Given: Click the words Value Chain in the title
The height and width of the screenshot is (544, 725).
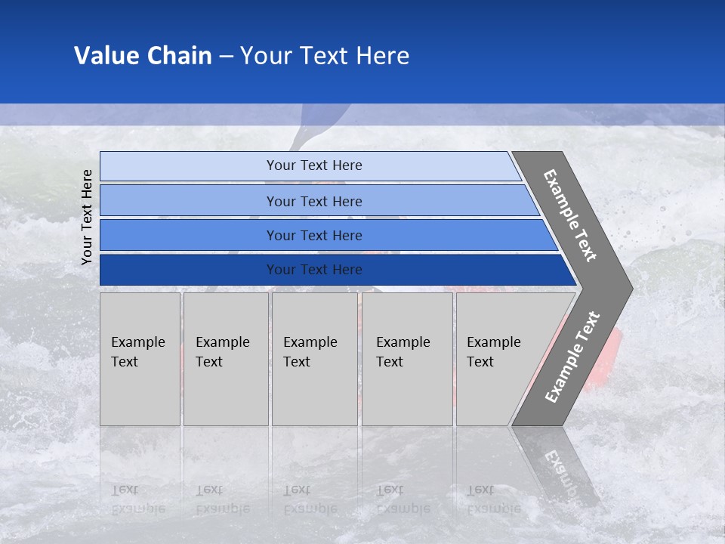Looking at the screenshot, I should click(x=143, y=56).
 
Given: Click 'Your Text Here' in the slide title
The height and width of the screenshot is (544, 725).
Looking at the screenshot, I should click(x=325, y=56).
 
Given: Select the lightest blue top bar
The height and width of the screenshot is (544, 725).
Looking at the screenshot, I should click(x=314, y=165).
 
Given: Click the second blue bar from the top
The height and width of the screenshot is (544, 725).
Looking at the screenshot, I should click(x=314, y=201).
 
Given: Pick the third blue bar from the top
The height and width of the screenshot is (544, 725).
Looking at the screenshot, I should click(x=314, y=235).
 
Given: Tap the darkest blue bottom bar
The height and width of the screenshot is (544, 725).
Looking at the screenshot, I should click(x=314, y=270).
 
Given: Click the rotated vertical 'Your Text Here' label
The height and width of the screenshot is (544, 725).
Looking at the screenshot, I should click(x=87, y=217).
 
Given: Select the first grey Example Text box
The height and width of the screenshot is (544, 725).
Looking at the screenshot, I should click(x=140, y=359).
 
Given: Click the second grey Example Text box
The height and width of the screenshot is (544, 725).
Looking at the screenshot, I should click(x=225, y=359).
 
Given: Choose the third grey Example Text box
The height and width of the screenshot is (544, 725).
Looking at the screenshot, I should click(x=313, y=359).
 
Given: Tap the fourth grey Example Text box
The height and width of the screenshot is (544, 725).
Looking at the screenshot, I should click(x=406, y=359).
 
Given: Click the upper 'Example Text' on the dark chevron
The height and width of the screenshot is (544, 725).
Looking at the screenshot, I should click(x=570, y=215).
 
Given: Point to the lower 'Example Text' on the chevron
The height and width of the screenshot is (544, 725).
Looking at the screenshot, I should click(x=572, y=357).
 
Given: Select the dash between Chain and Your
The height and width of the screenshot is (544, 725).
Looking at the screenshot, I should click(x=226, y=56).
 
